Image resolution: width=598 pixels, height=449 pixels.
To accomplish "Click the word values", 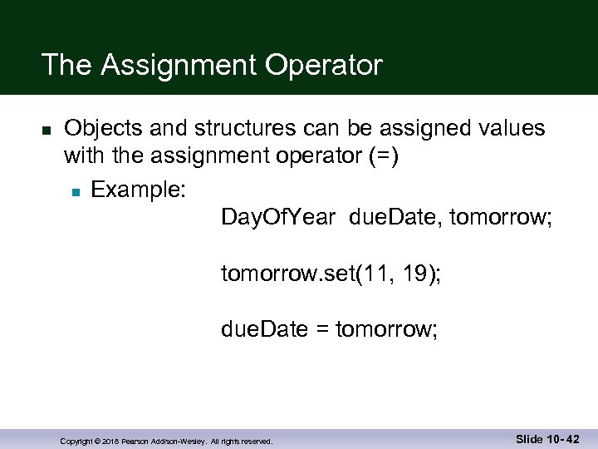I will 504,128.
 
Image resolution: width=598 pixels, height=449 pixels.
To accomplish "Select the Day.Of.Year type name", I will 278,218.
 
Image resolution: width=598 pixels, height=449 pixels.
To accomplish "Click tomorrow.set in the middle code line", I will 282,274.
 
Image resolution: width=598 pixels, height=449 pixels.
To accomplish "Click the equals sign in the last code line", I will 321,330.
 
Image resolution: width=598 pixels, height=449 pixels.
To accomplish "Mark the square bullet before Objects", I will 47,131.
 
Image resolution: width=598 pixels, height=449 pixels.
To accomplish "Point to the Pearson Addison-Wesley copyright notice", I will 166,442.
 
